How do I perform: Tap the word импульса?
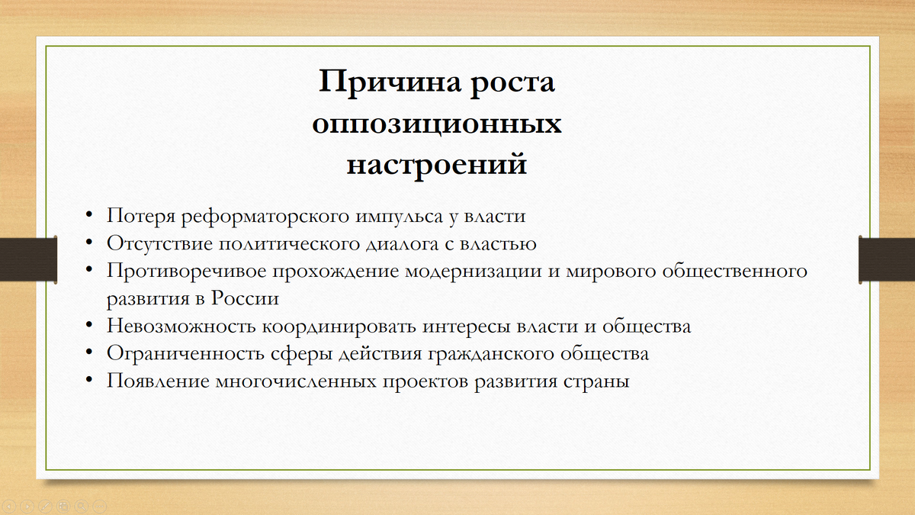coord(398,216)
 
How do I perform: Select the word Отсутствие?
coord(159,243)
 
